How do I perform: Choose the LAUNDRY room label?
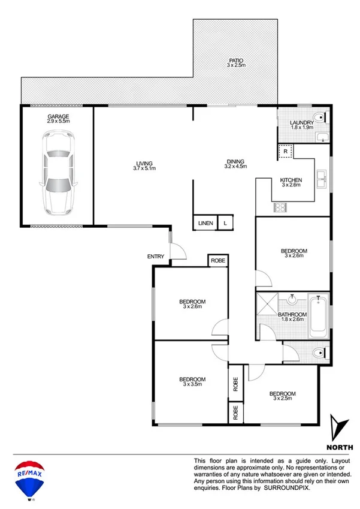pos(302,124)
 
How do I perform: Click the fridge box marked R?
pos(286,151)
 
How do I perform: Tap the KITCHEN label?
pos(291,182)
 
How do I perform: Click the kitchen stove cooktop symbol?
pos(280,208)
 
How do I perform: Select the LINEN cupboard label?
pos(205,223)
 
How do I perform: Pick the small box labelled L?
pos(225,223)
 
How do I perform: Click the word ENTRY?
pos(155,257)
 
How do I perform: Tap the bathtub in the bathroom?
pos(318,316)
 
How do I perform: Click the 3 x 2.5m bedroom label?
pos(284,396)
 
